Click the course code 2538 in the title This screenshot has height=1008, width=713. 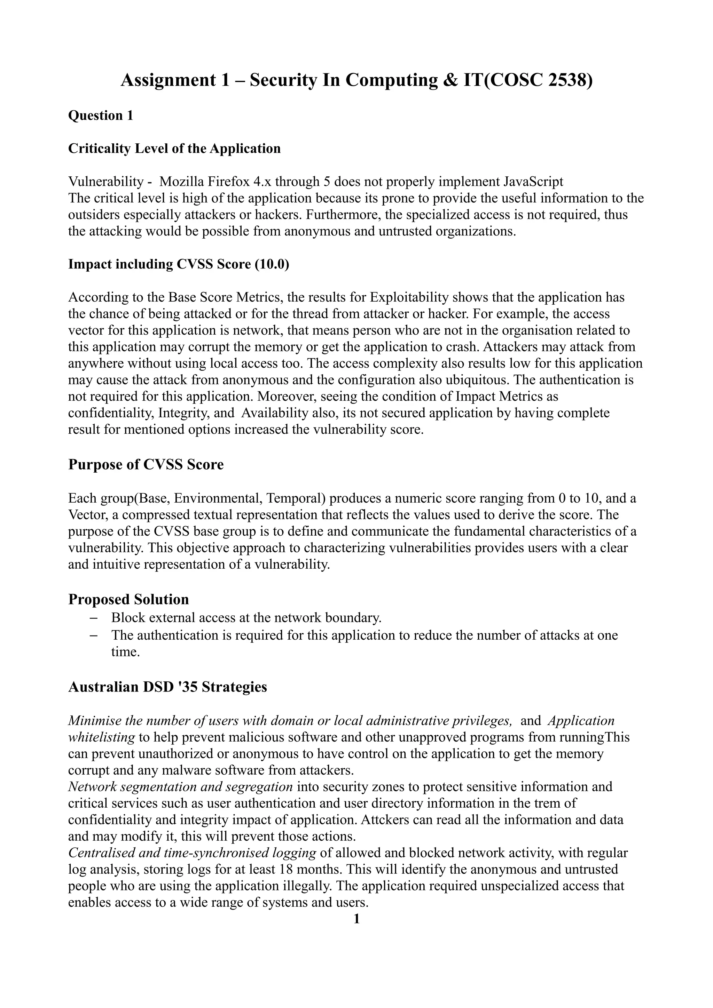[567, 80]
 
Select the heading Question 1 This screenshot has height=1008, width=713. [101, 115]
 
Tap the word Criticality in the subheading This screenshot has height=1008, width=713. [99, 149]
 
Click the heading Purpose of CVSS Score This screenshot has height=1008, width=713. [146, 464]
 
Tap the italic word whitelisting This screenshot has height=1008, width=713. [101, 737]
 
